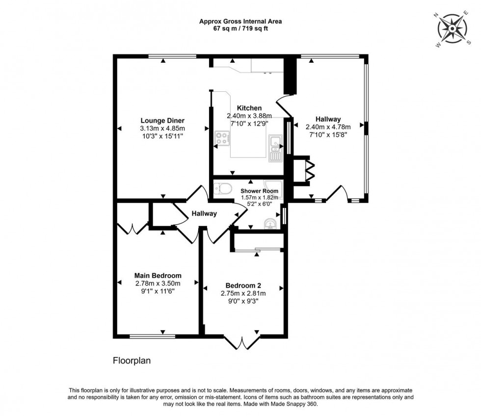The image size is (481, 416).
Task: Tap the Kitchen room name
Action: (x=249, y=108)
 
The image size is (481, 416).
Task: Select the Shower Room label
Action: (x=259, y=191)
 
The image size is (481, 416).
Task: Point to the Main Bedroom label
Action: (x=158, y=276)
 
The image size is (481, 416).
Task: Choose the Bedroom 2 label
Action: (x=243, y=286)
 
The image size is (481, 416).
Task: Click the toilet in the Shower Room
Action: (x=223, y=188)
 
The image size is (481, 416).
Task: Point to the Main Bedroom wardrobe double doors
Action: (x=133, y=228)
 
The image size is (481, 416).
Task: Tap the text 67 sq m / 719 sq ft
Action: (x=240, y=28)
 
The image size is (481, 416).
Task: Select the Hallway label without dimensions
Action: (x=204, y=213)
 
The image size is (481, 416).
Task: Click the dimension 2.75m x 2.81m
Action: (x=243, y=293)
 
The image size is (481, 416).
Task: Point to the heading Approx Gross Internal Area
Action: (x=240, y=21)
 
